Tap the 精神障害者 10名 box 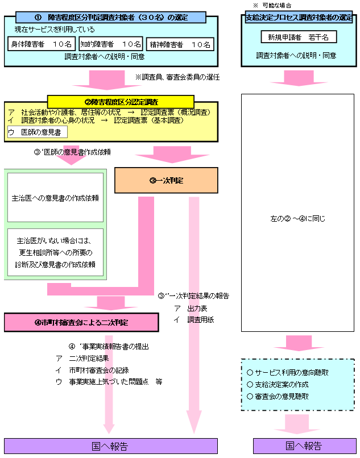180,43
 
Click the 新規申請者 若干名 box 299,38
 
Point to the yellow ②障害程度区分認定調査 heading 121,101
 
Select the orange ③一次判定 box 167,180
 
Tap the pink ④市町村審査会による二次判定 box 81,322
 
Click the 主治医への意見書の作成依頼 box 55,198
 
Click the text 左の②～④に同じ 297,218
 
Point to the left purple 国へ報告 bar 110,445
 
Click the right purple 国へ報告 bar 303,445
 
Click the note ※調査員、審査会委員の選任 177,77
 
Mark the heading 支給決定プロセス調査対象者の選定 298,18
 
